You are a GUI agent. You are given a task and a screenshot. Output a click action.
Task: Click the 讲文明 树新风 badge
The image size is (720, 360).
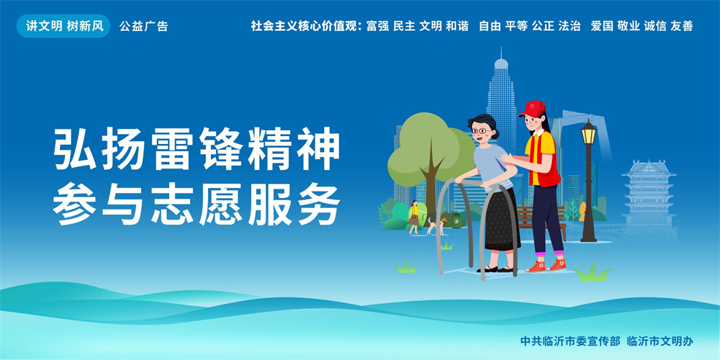click(63, 26)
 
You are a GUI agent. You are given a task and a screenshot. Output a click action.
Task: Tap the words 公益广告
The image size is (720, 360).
click(144, 26)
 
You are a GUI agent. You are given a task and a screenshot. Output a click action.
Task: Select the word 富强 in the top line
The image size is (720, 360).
click(377, 26)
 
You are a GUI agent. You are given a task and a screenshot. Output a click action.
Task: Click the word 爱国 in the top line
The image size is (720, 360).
click(602, 26)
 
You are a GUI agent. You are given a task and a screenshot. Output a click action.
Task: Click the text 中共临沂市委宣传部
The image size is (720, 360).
click(570, 341)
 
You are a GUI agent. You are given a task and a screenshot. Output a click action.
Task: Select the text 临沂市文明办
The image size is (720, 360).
click(660, 341)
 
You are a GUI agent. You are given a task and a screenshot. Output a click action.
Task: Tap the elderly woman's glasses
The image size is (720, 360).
click(480, 131)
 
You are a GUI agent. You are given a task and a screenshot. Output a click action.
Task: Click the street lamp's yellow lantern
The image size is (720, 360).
click(588, 134)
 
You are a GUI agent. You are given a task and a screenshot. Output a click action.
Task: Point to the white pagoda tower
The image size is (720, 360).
click(649, 197)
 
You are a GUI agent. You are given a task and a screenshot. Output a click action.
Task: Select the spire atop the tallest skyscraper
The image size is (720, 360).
click(501, 53)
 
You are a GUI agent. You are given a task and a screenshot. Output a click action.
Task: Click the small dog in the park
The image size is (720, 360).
click(436, 225)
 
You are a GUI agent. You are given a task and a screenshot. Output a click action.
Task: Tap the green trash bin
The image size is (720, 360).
click(456, 220)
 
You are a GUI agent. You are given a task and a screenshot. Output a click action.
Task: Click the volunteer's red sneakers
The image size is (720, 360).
click(546, 266)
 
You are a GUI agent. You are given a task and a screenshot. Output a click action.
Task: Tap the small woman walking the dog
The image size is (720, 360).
click(414, 217)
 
